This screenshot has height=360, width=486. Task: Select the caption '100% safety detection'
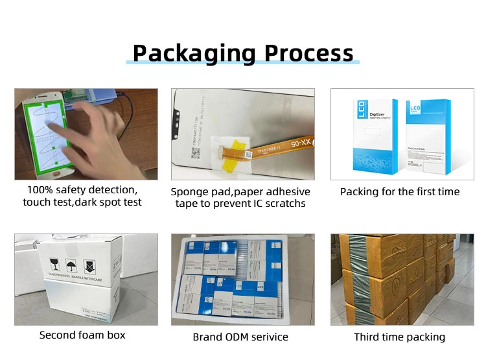[x=82, y=190]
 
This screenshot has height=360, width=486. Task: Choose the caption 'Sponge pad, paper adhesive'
[x=240, y=191]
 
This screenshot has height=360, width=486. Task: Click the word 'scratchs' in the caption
[x=286, y=204]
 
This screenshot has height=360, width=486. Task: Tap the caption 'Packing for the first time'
[x=400, y=191]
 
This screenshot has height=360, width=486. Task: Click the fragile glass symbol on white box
[x=58, y=265]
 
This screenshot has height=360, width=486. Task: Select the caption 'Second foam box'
[x=82, y=335]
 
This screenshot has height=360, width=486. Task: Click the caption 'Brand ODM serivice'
[x=240, y=337]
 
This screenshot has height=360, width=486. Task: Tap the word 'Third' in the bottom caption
[x=369, y=337]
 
